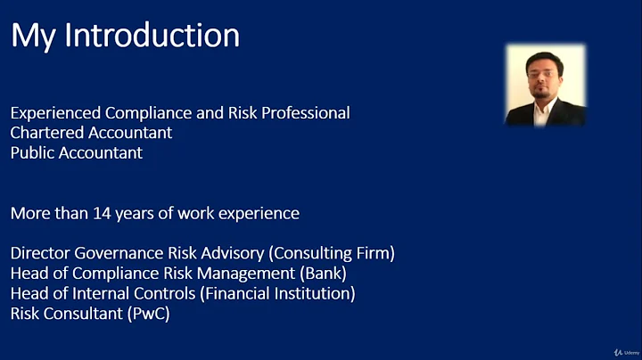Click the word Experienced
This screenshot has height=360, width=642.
(55, 114)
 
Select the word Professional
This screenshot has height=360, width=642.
(303, 114)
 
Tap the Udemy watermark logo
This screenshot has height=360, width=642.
(616, 350)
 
